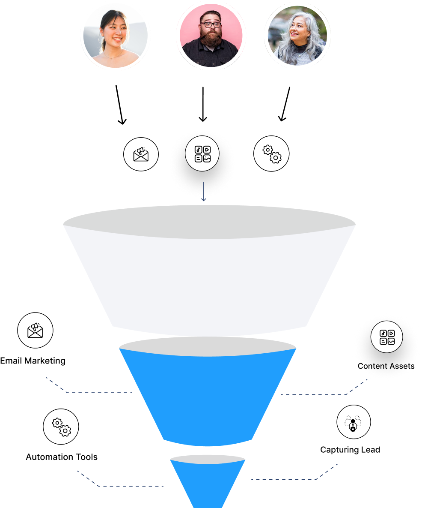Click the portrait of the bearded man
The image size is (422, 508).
211,35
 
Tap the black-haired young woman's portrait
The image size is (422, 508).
115,36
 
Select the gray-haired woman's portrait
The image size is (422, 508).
297,35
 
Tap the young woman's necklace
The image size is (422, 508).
112,56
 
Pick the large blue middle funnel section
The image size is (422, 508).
208,394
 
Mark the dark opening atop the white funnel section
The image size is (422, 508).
209,221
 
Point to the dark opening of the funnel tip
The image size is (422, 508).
208,459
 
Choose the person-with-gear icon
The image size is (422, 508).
353,422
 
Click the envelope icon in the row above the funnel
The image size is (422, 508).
141,154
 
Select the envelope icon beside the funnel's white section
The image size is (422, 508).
35,330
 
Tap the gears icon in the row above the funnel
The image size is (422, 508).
271,154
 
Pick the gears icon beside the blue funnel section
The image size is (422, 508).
61,426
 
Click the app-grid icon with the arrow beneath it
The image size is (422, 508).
202,154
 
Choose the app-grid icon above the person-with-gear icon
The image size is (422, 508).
386,337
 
